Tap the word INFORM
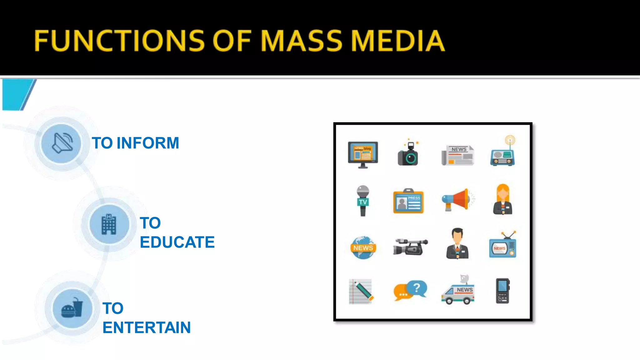[x=147, y=143]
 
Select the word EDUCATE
[x=177, y=242]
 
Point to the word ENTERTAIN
[x=147, y=327]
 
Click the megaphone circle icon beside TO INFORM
[x=61, y=143]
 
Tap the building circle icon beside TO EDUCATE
[x=109, y=224]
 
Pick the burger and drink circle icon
[x=72, y=308]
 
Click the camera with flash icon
[x=408, y=153]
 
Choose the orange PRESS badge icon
[x=408, y=202]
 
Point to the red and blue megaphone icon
[x=457, y=199]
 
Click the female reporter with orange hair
[x=503, y=200]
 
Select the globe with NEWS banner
[x=363, y=247]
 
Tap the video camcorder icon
[x=410, y=247]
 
